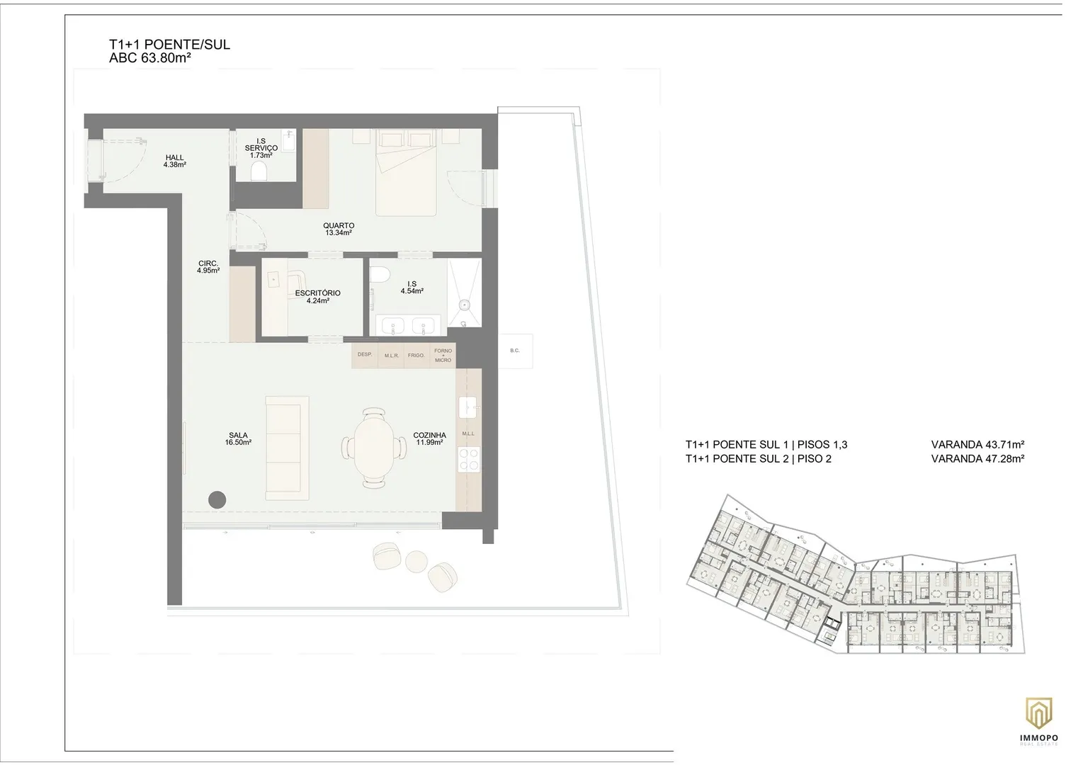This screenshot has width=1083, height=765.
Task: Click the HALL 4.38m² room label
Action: click(x=174, y=161)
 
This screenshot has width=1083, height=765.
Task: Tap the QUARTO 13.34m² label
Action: click(x=339, y=229)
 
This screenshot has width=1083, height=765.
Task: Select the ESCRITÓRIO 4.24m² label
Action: click(x=317, y=296)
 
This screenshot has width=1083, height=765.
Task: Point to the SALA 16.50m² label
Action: click(x=239, y=438)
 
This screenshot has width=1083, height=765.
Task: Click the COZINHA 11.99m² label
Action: click(x=429, y=438)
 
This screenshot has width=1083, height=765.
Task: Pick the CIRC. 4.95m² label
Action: click(x=208, y=267)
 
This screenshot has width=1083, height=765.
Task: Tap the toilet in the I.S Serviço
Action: click(x=259, y=171)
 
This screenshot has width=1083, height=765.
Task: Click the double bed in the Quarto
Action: click(x=407, y=172)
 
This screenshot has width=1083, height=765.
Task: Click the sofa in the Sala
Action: click(x=287, y=448)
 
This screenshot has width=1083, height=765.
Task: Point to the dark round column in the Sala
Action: click(x=217, y=499)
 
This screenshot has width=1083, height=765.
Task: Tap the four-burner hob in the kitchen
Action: click(x=469, y=460)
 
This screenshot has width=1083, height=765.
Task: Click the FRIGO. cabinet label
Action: click(x=416, y=356)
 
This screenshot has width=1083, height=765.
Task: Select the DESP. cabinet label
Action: click(x=365, y=354)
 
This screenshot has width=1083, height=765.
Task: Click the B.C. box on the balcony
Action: click(x=516, y=351)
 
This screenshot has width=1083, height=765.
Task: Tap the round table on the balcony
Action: click(x=416, y=562)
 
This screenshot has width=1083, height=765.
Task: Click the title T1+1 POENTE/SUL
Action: click(x=169, y=45)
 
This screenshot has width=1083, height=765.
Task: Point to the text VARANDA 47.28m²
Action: click(x=977, y=459)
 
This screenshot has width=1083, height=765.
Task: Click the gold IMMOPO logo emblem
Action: click(x=1039, y=713)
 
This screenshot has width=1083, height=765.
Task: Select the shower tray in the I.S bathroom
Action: click(x=464, y=293)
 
